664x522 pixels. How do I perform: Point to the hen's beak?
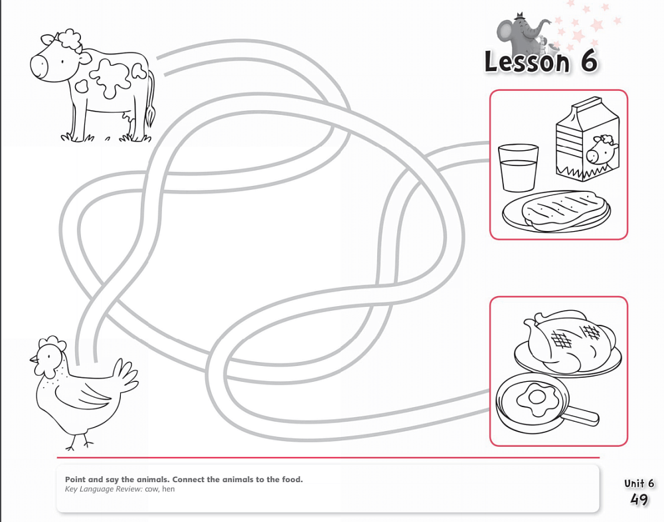tap(33, 360)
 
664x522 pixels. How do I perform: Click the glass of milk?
tap(519, 168)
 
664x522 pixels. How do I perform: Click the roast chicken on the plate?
tap(569, 339)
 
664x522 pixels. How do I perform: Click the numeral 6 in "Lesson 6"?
tap(588, 62)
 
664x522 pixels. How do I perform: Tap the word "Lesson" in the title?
tap(527, 62)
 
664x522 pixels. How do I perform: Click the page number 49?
tap(639, 499)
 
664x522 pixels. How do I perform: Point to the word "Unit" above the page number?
tap(633, 483)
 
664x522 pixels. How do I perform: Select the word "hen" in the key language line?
tap(168, 489)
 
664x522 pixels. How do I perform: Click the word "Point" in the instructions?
tap(76, 479)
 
